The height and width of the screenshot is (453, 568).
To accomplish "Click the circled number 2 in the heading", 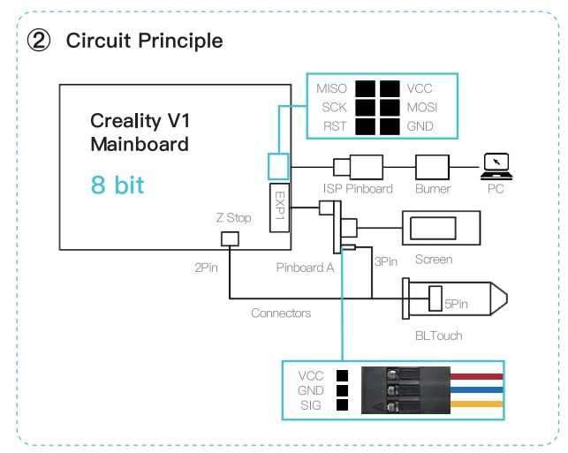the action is tap(38, 41).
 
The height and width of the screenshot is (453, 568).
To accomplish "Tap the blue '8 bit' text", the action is tap(117, 185).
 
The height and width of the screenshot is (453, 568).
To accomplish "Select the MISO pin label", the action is tap(331, 88).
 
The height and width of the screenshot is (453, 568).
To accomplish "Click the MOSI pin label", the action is tap(422, 107).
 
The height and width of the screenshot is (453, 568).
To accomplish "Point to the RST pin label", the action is tap(335, 126).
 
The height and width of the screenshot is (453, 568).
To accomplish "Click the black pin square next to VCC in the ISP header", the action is tap(390, 89).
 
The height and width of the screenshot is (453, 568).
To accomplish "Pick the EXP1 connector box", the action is tap(279, 208).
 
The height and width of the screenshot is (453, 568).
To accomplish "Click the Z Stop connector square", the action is tap(230, 239).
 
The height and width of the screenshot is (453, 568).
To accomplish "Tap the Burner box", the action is tap(432, 167).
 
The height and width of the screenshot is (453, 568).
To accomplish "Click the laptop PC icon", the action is tap(496, 167).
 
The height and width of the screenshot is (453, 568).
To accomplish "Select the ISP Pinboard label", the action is tap(358, 189).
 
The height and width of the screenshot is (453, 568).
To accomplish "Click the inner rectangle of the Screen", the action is tap(433, 228).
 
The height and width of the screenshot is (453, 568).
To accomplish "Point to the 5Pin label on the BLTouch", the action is tap(456, 304).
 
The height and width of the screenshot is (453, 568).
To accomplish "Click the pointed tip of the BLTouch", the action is tap(507, 298).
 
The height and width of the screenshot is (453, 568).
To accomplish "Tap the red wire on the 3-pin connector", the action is tap(477, 376).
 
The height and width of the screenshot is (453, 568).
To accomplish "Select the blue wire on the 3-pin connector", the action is tap(477, 390).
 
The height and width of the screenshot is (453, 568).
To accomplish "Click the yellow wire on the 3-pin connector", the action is tap(477, 404).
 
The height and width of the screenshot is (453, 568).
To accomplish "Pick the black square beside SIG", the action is tap(343, 404).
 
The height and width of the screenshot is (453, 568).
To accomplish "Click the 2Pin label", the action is tap(206, 268).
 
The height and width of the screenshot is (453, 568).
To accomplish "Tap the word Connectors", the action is tap(281, 313).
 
